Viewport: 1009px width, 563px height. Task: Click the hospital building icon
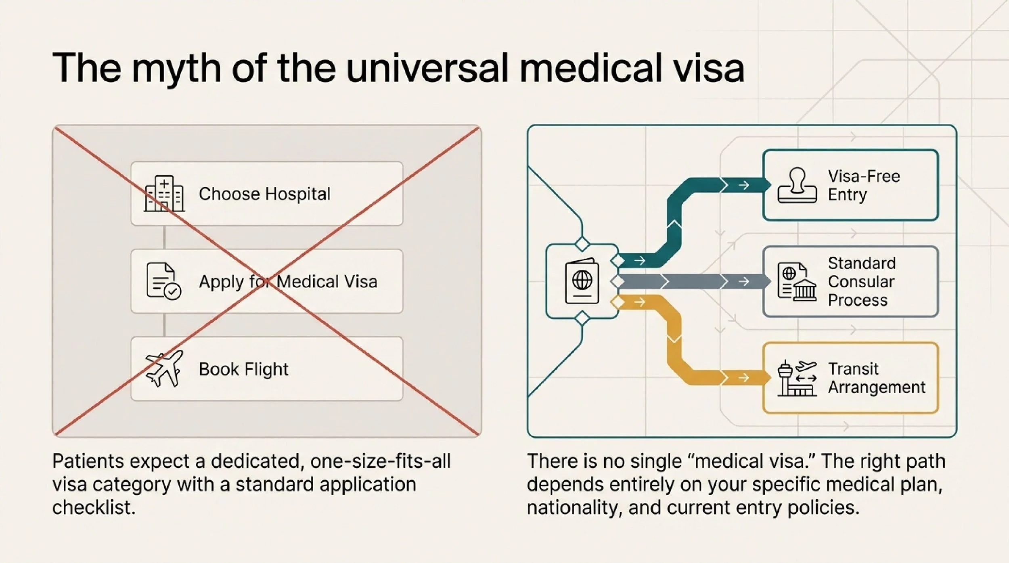click(x=164, y=194)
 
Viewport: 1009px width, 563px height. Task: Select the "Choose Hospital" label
click(x=264, y=194)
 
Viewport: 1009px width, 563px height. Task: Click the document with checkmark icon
click(x=163, y=281)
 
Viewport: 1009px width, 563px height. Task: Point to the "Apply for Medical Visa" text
click(x=288, y=282)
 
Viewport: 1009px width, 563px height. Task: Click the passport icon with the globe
click(x=582, y=281)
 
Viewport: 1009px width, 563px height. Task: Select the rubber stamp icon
click(x=797, y=186)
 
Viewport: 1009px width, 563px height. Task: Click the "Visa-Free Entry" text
click(x=863, y=186)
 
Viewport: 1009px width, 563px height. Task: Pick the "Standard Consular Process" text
click(x=861, y=281)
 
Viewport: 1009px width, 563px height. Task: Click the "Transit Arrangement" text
click(x=876, y=378)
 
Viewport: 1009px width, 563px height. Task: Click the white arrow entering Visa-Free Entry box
click(x=743, y=185)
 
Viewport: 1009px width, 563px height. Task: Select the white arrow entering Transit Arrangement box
click(x=743, y=378)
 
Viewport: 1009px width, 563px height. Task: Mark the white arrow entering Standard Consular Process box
click(x=743, y=281)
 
